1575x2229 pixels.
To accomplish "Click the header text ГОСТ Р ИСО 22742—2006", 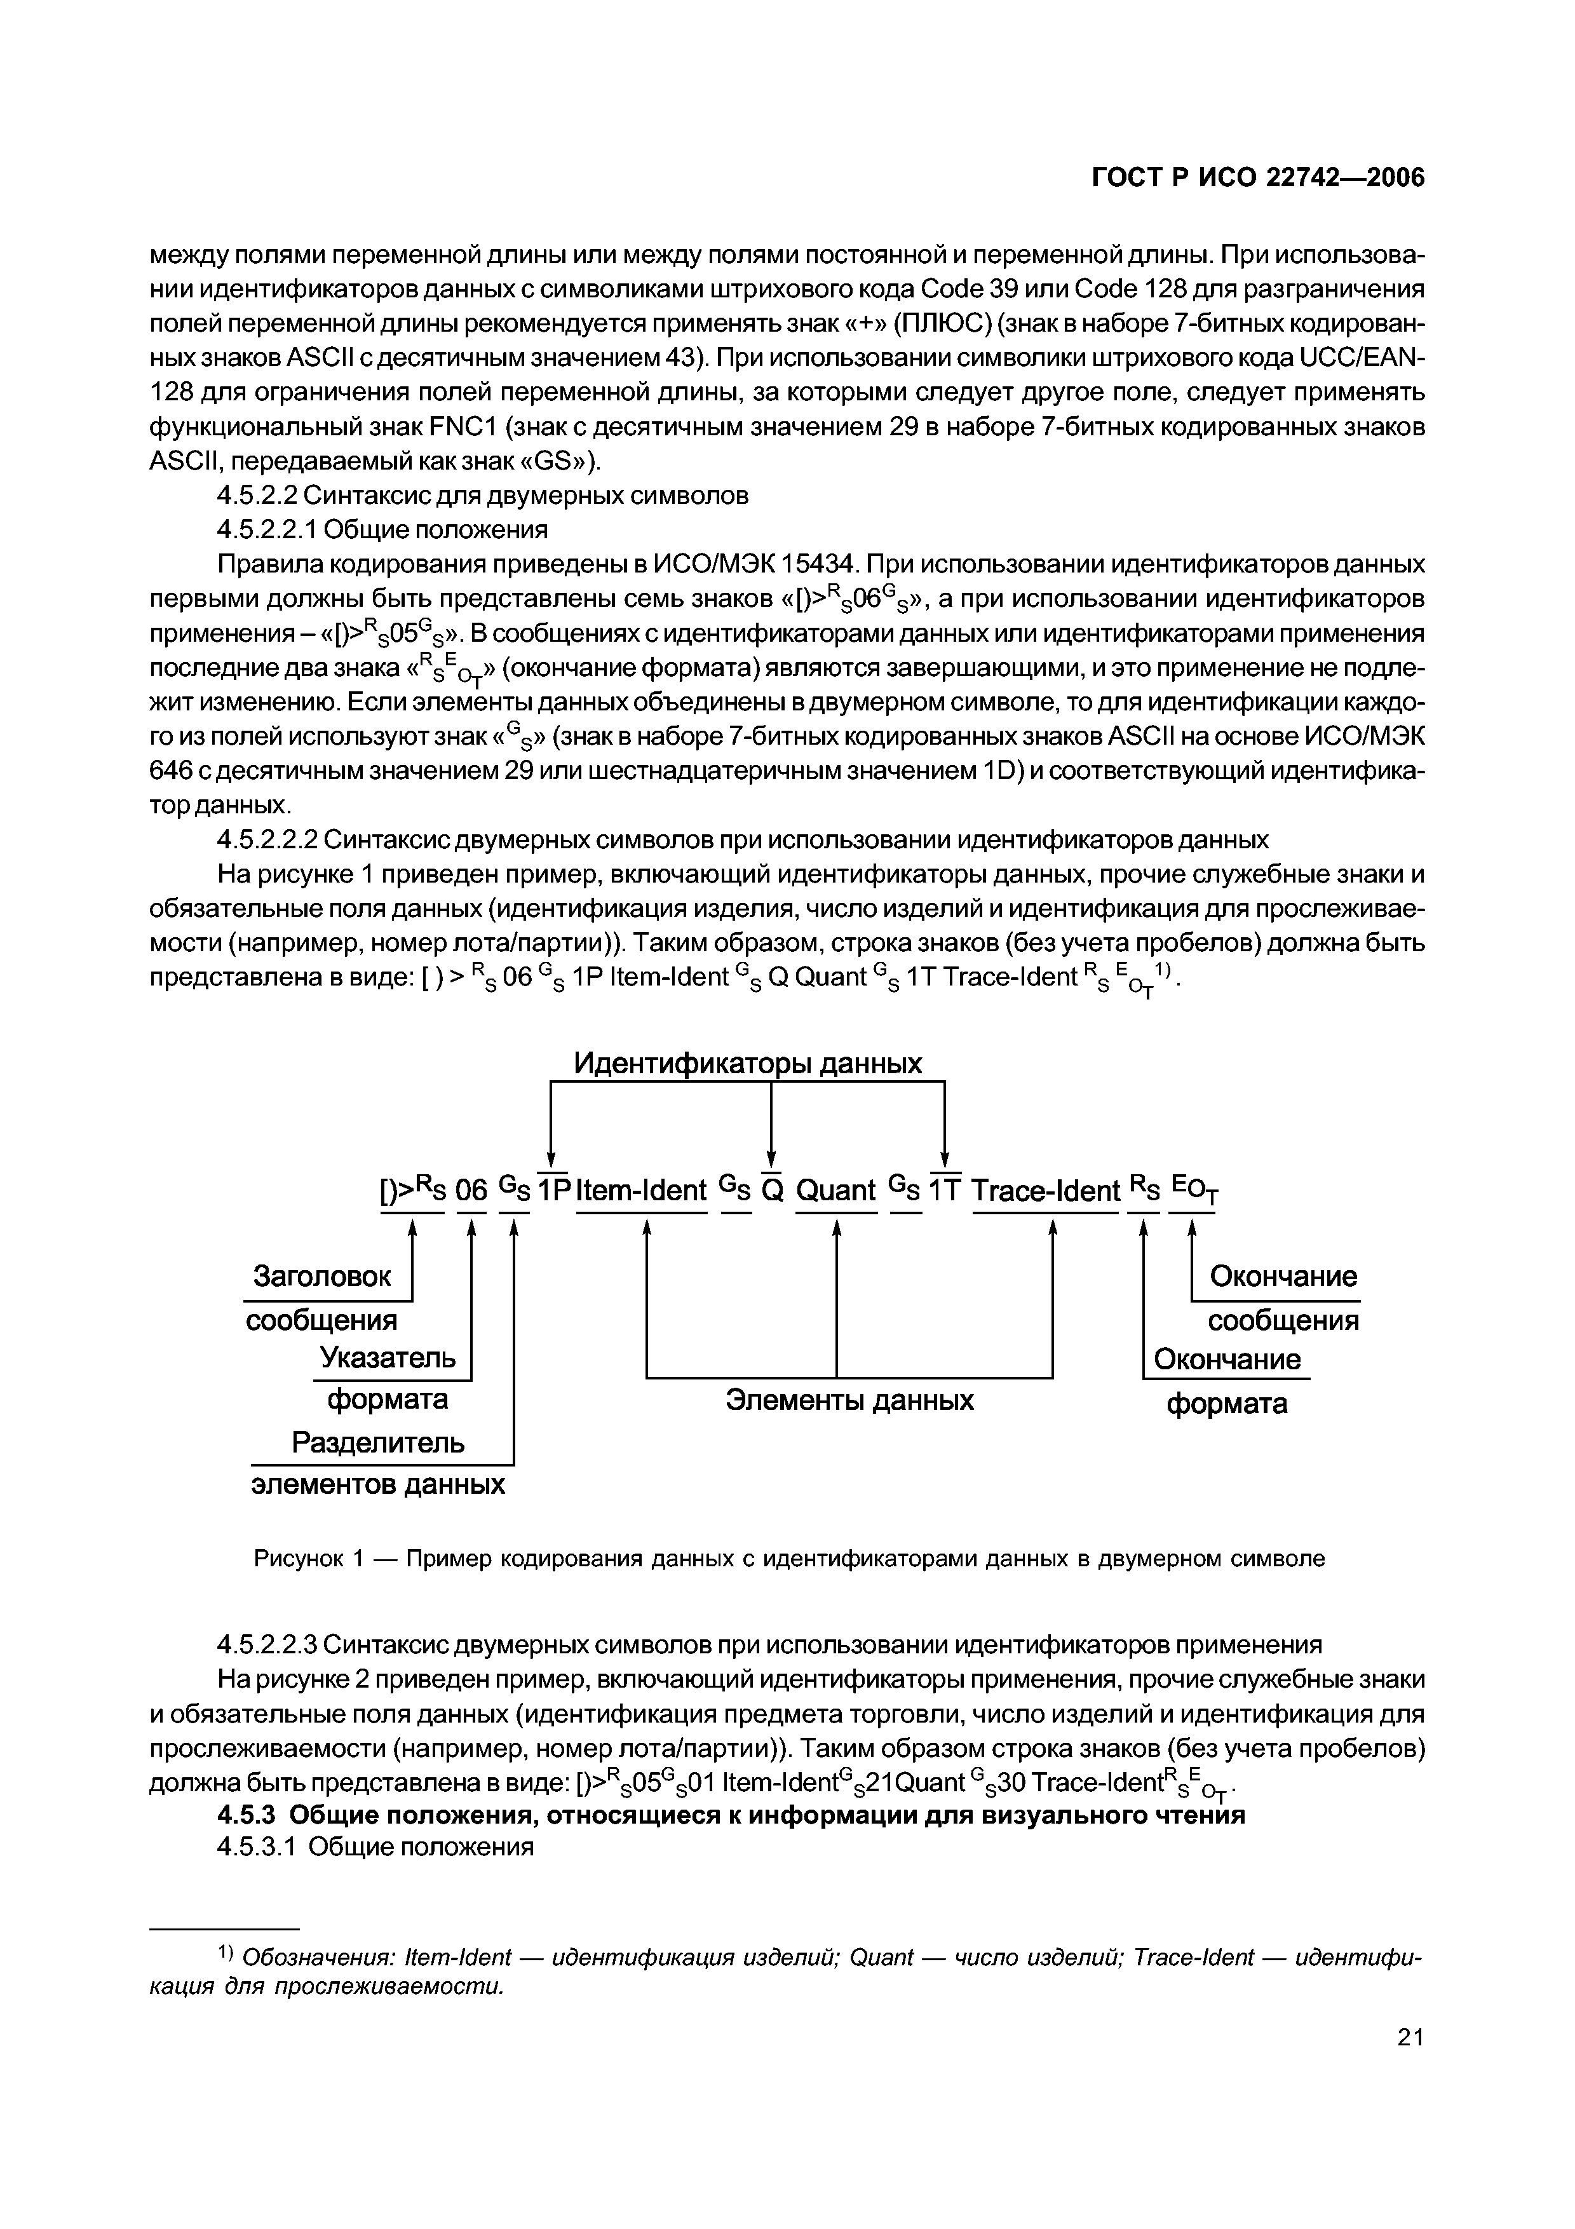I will (x=1258, y=179).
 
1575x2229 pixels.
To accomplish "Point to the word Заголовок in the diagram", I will (x=322, y=1277).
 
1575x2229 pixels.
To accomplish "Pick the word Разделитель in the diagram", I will (x=379, y=1442).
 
